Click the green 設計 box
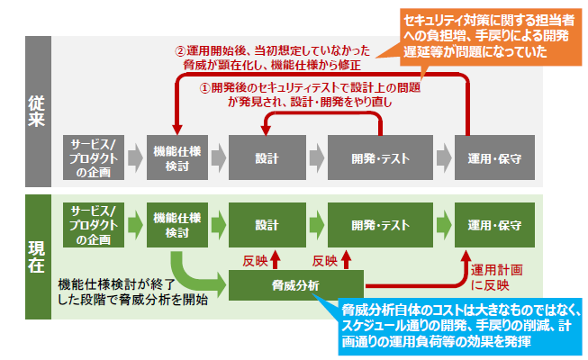[267, 224]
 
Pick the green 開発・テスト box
[377, 224]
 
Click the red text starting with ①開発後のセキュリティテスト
[311, 96]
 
